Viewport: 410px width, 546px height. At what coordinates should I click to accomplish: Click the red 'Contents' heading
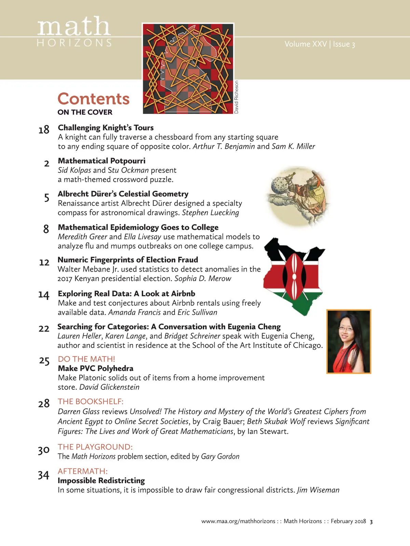93,99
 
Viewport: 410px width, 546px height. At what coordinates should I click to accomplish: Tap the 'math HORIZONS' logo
74,31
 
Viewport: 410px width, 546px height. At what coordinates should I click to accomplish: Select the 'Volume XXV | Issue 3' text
319,44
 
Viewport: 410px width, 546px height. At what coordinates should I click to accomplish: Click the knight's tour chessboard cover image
188,68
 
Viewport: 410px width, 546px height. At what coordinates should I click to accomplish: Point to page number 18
44,130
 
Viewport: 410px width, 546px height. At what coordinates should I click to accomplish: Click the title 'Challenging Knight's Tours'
106,128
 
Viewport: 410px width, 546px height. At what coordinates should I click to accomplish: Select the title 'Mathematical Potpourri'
101,161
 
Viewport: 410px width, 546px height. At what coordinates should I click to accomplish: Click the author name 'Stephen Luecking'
210,213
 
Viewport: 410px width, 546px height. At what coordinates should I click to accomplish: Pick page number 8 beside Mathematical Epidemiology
46,229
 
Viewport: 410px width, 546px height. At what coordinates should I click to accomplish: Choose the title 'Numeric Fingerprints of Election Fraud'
127,260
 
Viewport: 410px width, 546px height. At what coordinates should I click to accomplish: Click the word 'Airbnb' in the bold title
183,293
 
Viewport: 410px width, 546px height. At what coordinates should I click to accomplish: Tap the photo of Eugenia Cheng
348,341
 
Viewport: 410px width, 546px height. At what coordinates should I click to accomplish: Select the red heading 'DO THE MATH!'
86,359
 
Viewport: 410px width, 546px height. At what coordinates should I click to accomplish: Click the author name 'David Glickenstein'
109,387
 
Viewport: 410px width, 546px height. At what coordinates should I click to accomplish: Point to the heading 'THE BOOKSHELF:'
91,401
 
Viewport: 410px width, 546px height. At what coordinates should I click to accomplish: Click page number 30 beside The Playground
44,450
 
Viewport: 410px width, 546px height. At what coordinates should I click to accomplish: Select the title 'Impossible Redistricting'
101,480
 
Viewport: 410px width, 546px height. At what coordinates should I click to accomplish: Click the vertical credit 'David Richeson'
236,97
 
